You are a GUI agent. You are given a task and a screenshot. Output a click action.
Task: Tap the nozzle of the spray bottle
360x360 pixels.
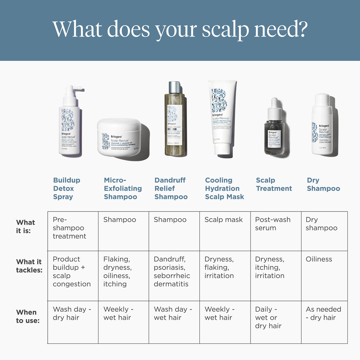pos(79,89)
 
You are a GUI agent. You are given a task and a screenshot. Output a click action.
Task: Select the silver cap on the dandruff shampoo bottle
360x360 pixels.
pos(175,87)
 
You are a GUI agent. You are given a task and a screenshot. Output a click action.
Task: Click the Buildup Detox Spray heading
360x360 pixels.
pos(67,188)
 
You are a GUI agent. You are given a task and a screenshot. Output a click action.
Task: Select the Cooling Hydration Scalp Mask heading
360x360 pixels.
pos(224,188)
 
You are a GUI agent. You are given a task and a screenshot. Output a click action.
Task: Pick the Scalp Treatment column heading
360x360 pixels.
pos(274,184)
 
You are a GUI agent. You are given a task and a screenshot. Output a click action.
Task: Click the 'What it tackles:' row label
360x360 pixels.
pos(29,266)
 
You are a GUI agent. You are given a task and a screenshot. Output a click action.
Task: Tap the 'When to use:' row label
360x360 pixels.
pos(28,316)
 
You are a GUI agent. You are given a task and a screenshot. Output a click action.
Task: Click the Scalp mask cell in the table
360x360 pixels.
pos(223,220)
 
